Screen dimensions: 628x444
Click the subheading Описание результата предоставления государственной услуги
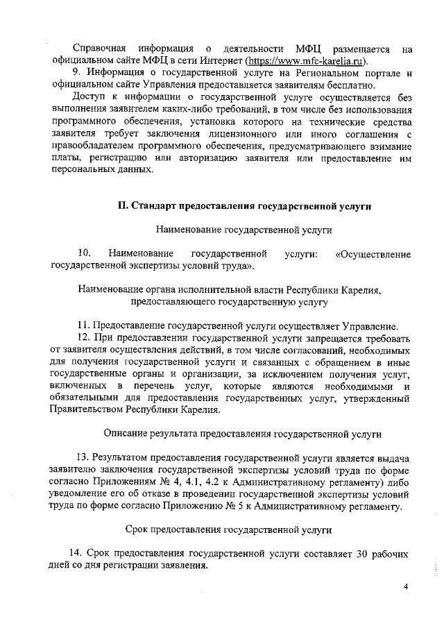242,434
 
